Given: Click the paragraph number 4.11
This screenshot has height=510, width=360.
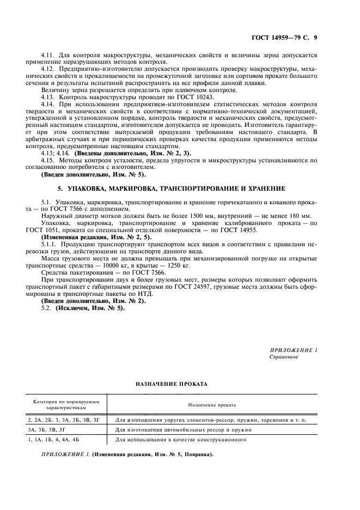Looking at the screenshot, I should pyautogui.click(x=48, y=56).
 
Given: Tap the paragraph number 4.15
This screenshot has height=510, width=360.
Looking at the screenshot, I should pyautogui.click(x=48, y=160).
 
